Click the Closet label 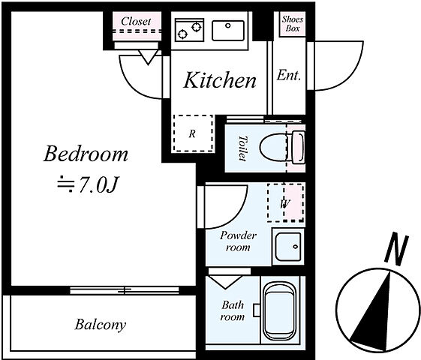pos(136,21)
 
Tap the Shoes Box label pos(293,23)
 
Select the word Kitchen pos(220,80)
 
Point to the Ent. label pos(289,75)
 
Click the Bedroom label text pos(86,154)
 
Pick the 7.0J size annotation pos(88,184)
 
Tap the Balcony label pos(100,324)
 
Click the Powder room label pos(238,241)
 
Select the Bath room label pos(233,311)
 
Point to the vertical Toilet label pos(243,148)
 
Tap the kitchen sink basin pos(228,30)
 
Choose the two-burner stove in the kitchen pos(189,30)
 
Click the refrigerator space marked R pos(194,133)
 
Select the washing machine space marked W pos(286,202)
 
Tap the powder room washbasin pos(288,247)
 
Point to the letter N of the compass pos(397,249)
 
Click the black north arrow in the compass pos(372,311)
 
